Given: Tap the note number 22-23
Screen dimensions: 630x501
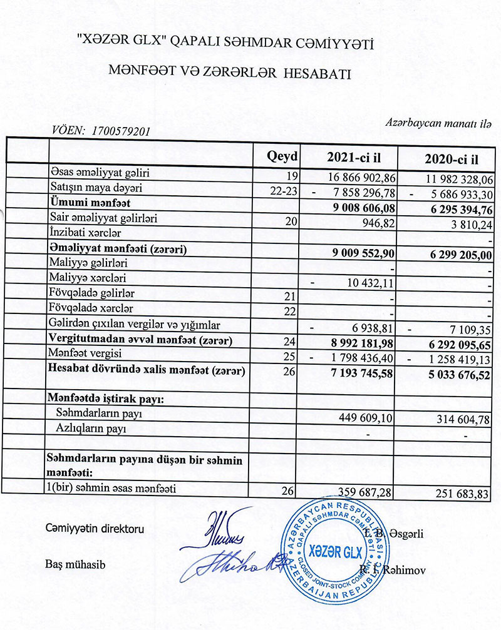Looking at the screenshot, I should click(283, 190).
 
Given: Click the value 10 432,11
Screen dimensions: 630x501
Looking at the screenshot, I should click(371, 285).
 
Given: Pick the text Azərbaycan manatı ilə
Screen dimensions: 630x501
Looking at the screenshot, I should click(439, 123).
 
